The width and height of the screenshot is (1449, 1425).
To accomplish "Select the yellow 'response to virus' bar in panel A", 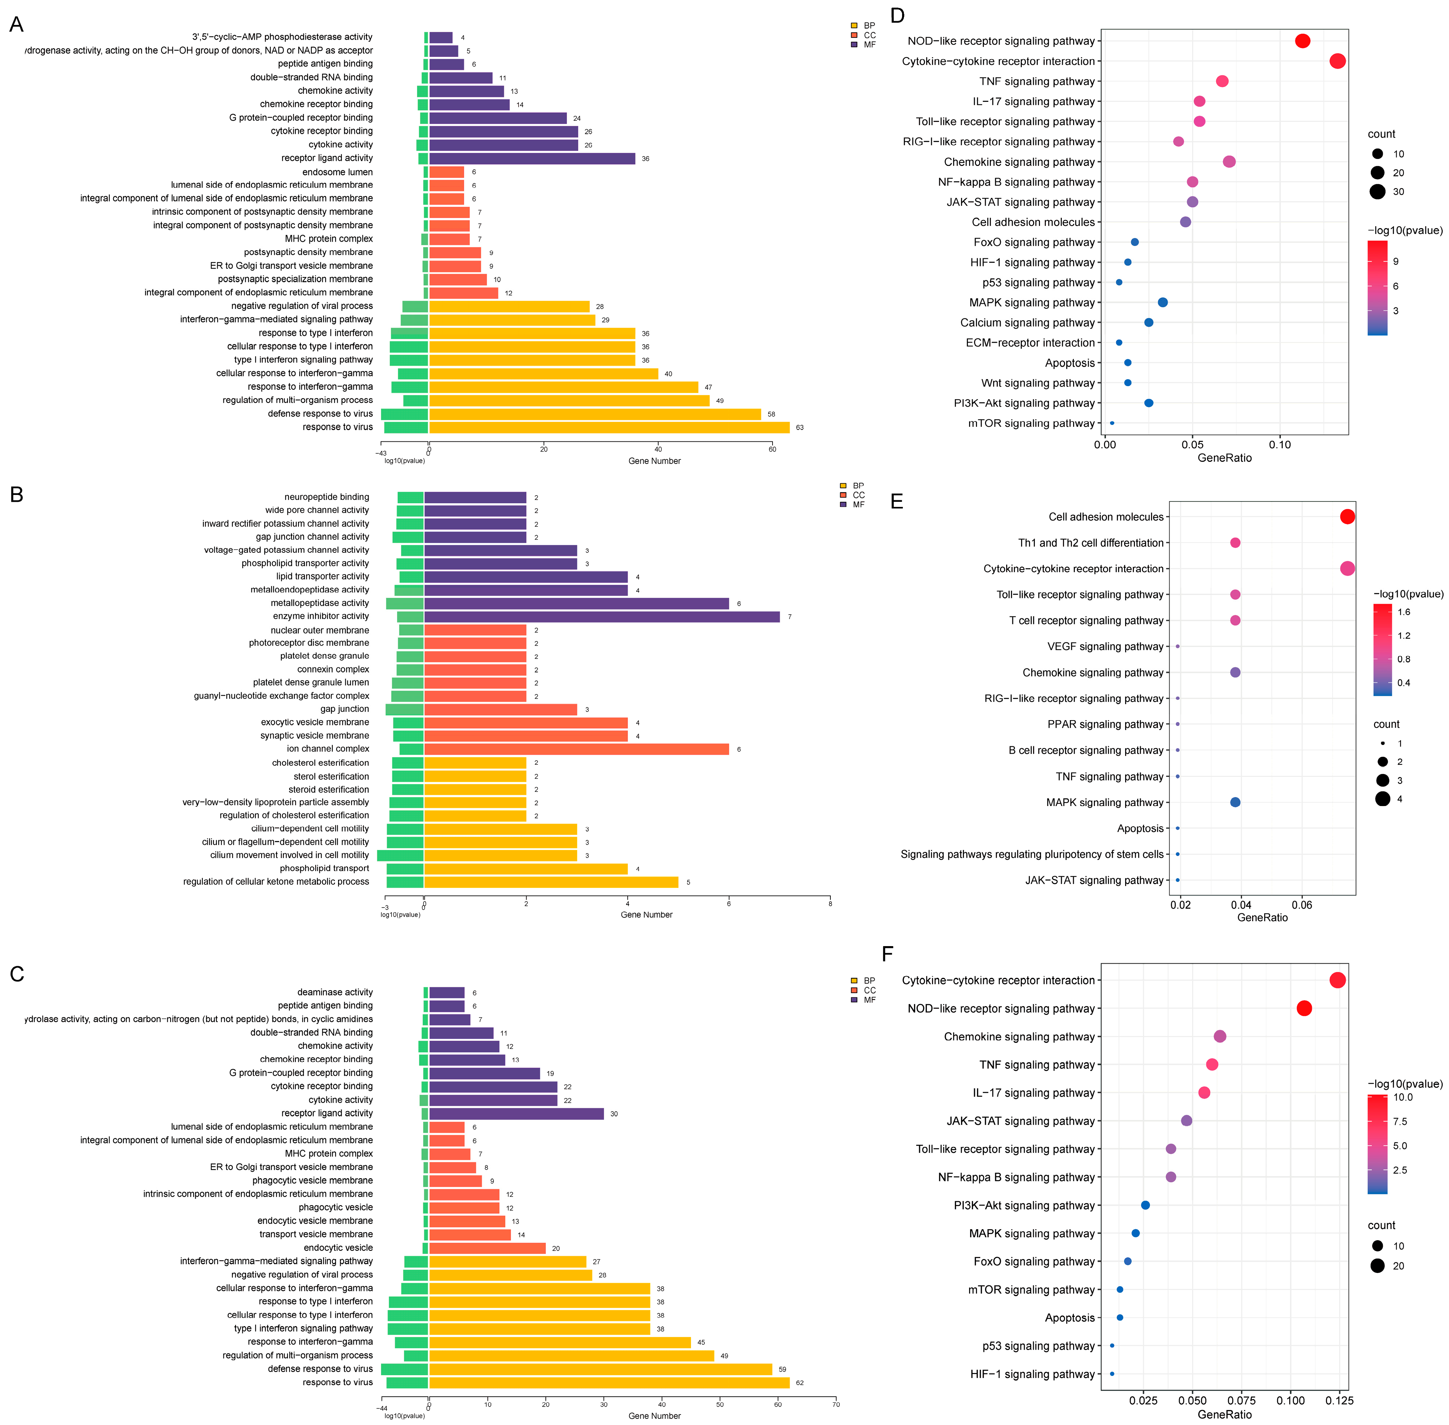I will coord(608,427).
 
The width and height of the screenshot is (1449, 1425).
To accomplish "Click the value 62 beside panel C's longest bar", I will coord(799,1382).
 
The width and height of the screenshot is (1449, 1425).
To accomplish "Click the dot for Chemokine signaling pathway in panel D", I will coord(1229,162).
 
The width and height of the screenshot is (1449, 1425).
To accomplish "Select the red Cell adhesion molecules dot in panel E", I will coord(1347,516).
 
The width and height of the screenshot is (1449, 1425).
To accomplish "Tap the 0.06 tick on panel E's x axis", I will coord(1302,905).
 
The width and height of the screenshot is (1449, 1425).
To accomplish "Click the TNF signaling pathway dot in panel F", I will coord(1212,1064).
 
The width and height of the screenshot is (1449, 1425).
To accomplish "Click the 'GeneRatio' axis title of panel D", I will coord(1224,458).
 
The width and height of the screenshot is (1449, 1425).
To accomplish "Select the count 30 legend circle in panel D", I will coord(1377,192).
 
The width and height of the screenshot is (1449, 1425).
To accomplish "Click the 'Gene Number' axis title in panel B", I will coord(646,914).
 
